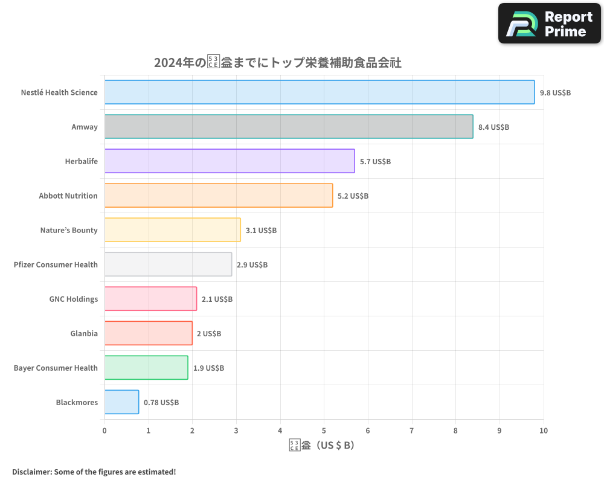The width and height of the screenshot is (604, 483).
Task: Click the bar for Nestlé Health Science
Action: click(x=319, y=92)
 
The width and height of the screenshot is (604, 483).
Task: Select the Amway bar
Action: click(x=289, y=127)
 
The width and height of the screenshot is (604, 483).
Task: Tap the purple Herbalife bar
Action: click(x=230, y=161)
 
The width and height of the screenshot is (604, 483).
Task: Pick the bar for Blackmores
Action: click(x=121, y=402)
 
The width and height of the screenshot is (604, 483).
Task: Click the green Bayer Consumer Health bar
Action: click(x=146, y=368)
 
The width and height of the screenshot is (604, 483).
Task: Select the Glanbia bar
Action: click(x=148, y=333)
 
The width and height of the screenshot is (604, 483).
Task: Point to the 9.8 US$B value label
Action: click(x=555, y=93)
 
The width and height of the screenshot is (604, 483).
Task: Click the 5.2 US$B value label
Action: click(x=353, y=196)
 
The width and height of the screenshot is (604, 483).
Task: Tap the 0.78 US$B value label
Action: click(x=161, y=403)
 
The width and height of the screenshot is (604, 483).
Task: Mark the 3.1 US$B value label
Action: click(x=261, y=231)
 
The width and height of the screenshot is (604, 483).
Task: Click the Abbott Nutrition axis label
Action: click(x=68, y=196)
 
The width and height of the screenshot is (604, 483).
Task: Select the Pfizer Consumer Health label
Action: click(x=56, y=264)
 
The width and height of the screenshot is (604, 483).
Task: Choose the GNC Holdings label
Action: click(x=73, y=299)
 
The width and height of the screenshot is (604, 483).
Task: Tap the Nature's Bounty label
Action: click(x=69, y=230)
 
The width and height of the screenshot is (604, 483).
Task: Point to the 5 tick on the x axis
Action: click(x=324, y=430)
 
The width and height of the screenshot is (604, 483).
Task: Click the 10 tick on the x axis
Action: click(x=543, y=430)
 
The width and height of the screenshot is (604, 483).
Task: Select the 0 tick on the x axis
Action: click(x=104, y=430)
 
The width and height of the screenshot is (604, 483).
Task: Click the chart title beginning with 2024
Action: click(x=278, y=62)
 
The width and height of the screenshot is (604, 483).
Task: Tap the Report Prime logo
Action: click(x=550, y=24)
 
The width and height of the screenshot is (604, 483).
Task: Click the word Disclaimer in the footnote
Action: click(x=31, y=472)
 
